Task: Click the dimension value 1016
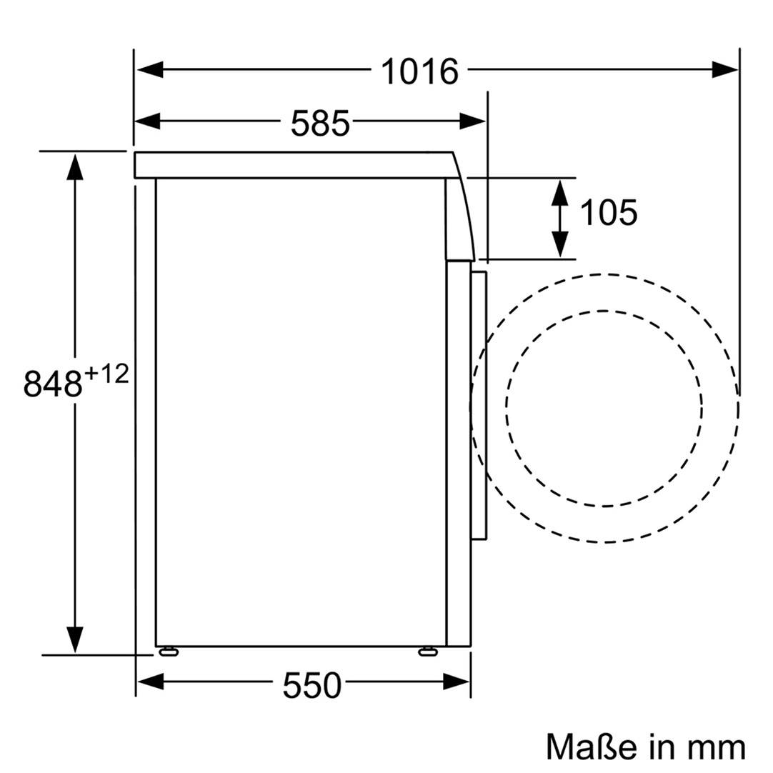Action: coord(419,71)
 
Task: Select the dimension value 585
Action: coord(320,124)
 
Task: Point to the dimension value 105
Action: coord(608,213)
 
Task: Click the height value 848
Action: coord(53,384)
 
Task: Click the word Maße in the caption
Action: coord(591,747)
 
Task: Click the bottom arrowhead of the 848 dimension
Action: coord(74,639)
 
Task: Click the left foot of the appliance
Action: coord(169,650)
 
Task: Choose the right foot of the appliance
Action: coord(428,650)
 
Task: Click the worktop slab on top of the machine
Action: coord(293,165)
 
